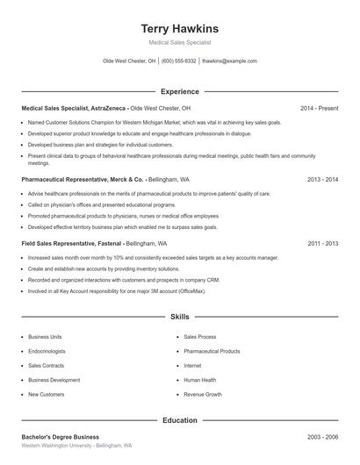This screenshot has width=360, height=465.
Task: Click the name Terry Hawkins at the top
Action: click(x=179, y=28)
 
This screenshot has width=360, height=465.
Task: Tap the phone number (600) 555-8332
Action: click(x=178, y=61)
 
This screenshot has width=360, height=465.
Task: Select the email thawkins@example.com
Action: click(x=229, y=61)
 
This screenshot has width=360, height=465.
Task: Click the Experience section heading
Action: click(x=179, y=91)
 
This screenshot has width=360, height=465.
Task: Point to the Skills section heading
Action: click(x=179, y=316)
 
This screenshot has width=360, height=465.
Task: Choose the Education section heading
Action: click(x=179, y=420)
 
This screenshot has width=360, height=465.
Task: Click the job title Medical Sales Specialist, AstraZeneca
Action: click(x=74, y=108)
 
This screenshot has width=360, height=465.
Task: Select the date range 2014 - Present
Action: click(x=319, y=108)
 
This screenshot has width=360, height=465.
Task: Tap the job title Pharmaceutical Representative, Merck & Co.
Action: click(x=83, y=178)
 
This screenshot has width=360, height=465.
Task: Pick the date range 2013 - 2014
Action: click(x=322, y=178)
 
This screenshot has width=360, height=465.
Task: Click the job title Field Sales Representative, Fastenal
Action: click(x=72, y=243)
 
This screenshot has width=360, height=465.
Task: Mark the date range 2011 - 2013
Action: click(x=322, y=243)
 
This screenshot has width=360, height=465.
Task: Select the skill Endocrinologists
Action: click(x=47, y=351)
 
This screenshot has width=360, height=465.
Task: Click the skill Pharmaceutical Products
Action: click(x=212, y=351)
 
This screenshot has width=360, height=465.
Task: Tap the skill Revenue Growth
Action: click(x=203, y=394)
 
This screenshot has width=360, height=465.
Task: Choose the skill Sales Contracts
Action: click(x=46, y=365)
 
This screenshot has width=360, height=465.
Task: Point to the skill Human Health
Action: click(x=200, y=380)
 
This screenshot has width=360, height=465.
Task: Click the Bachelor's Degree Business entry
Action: click(x=60, y=436)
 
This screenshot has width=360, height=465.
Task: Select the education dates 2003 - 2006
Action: click(x=322, y=436)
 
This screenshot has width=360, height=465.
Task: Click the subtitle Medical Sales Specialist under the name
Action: click(x=179, y=42)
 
